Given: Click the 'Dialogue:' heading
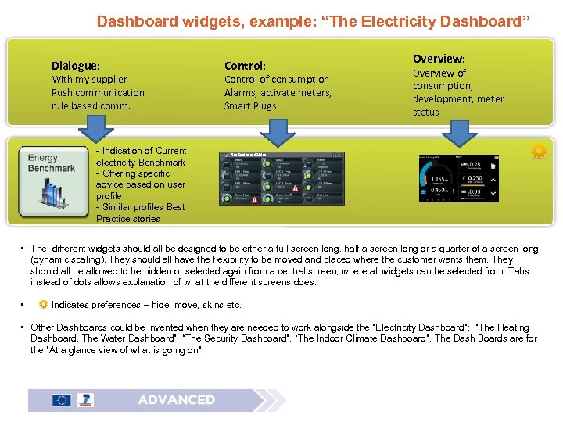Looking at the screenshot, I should (x=76, y=66).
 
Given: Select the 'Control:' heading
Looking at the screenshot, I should (x=246, y=66).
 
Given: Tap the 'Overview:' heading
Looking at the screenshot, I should (x=439, y=59).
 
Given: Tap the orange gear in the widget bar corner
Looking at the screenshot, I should (x=538, y=152).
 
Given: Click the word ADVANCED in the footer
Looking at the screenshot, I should (x=177, y=399).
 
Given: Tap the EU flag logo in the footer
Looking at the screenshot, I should (x=61, y=400).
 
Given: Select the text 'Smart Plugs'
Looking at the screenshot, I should (x=250, y=105).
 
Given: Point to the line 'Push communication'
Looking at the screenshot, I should (x=98, y=92).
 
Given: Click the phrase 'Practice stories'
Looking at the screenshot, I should (x=128, y=219).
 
